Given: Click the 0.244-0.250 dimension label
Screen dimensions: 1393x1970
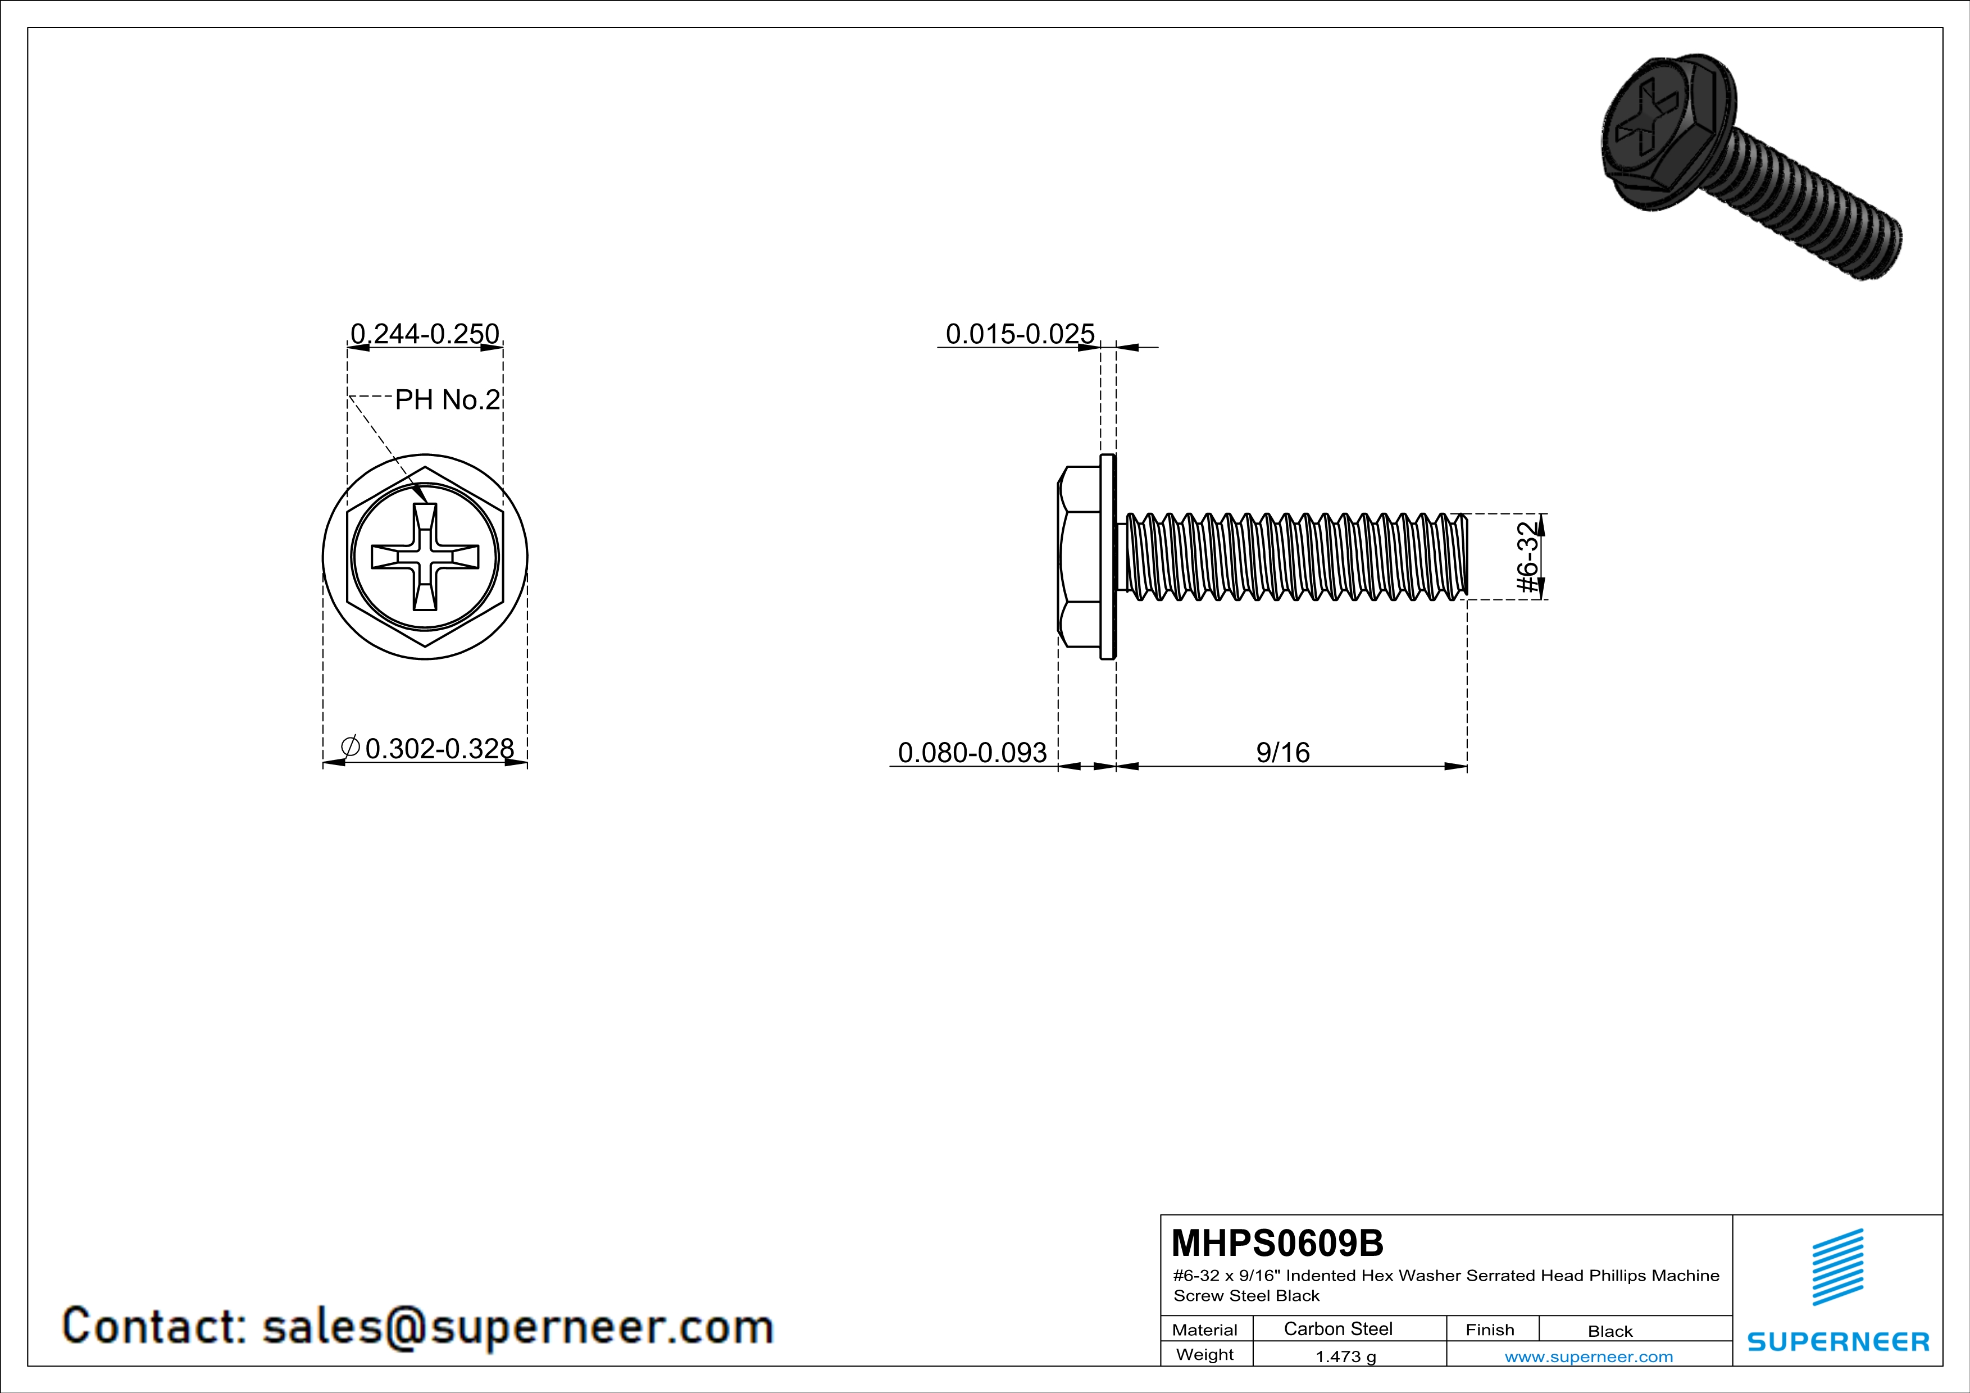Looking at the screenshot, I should click(425, 333).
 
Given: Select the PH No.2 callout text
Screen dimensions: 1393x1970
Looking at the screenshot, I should click(447, 400).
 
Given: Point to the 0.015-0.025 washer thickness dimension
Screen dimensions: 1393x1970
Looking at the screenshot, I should click(1020, 333).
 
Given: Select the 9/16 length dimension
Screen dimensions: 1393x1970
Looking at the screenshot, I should click(1283, 752).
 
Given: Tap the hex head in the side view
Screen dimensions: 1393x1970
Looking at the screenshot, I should click(1080, 557).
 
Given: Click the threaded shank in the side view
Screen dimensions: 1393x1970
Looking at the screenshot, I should click(1295, 557).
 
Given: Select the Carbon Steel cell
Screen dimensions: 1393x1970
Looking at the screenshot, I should click(1337, 1328).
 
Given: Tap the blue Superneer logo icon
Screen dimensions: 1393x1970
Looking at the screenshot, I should click(1838, 1267).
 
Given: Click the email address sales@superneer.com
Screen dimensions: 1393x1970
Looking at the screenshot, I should click(517, 1326).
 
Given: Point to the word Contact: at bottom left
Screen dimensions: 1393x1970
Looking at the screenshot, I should click(154, 1326).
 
